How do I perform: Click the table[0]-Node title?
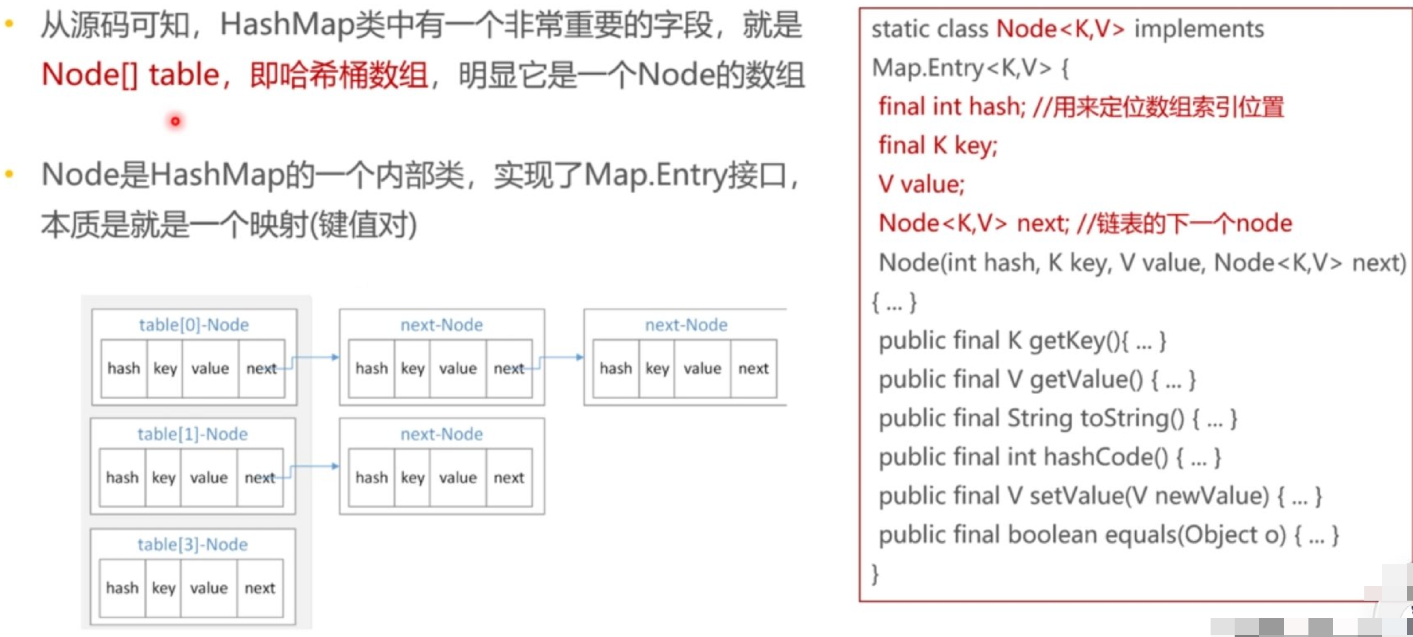pos(194,325)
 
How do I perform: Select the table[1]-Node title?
pos(192,434)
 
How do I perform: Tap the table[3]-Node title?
pos(192,544)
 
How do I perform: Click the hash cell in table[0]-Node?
pos(124,368)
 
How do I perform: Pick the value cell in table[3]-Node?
pos(209,588)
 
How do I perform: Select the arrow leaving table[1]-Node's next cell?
pos(313,467)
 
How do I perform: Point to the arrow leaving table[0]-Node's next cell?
pos(314,358)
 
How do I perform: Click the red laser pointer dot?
pos(175,121)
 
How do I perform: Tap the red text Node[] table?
pos(131,75)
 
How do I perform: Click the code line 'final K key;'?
pos(937,145)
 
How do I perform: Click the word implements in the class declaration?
pos(1199,29)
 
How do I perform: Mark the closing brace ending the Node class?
pos(875,574)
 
